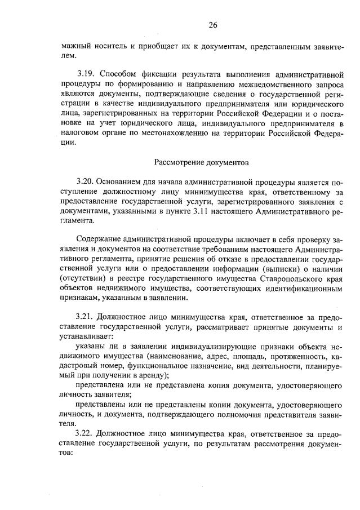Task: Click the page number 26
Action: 212,25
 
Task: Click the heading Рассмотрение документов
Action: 201,162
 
